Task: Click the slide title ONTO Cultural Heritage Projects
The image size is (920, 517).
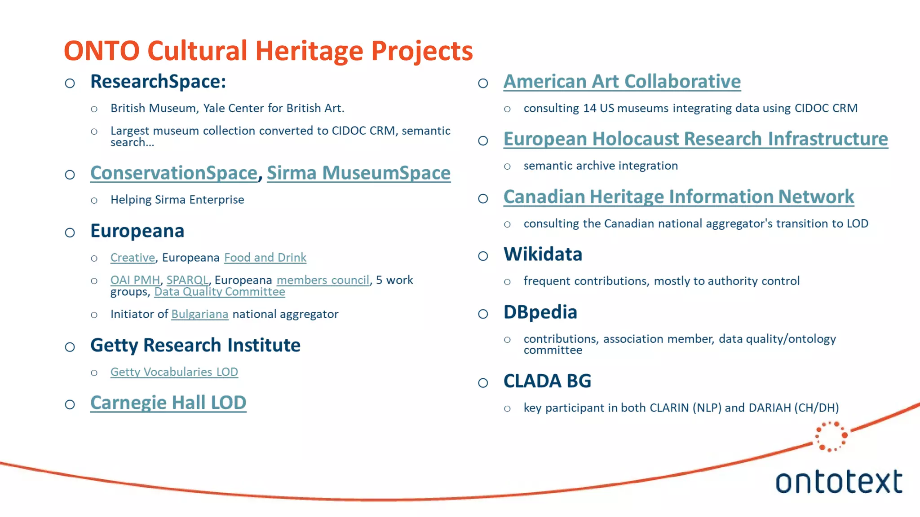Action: [268, 51]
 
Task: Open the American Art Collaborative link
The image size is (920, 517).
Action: [622, 82]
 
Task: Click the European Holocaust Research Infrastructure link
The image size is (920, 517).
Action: [695, 139]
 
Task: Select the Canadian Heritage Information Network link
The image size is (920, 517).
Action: [678, 197]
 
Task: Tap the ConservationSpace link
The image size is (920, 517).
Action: [173, 173]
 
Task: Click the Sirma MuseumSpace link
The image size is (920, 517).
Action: [358, 173]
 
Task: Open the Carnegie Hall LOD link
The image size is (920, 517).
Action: [168, 403]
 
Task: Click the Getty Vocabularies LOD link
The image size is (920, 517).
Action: [174, 372]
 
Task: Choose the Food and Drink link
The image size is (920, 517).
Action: [265, 258]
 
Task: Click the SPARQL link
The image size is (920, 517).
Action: [187, 280]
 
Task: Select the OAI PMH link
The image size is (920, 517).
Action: [135, 280]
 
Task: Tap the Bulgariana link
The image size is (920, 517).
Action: [199, 314]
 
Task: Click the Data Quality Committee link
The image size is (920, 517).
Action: [220, 292]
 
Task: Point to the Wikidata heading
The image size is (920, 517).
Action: [543, 254]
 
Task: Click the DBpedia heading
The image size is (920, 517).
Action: [540, 312]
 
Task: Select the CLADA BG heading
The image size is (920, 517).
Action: [547, 381]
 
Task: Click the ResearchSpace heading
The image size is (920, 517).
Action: [158, 82]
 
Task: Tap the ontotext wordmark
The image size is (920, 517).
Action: [839, 482]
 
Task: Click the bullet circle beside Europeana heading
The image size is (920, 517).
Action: [70, 232]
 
